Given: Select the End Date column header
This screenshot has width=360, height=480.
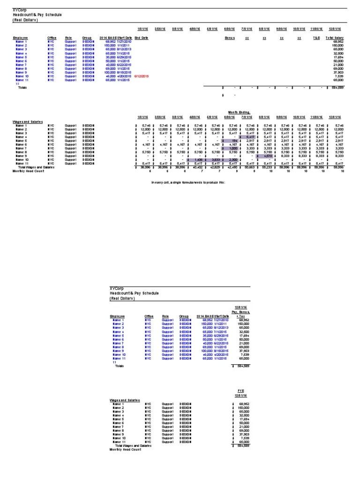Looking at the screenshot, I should [x=141, y=37].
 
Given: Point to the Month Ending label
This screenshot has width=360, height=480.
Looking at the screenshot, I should [x=240, y=112].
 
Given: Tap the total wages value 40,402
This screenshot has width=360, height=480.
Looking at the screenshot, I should [x=196, y=167].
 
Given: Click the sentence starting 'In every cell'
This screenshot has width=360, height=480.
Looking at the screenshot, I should [x=186, y=181].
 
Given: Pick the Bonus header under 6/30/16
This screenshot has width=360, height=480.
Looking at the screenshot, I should [x=229, y=37].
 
